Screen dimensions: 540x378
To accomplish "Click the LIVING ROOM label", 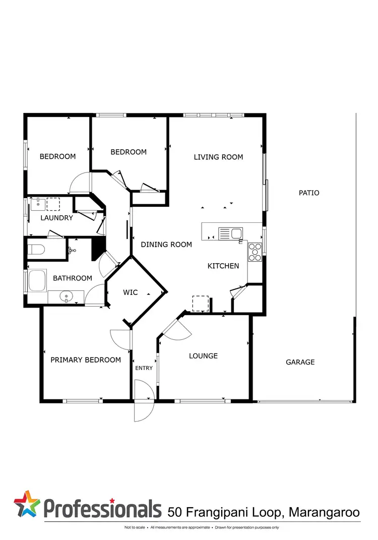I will point(218,157).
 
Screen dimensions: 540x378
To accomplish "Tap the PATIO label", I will point(309,193).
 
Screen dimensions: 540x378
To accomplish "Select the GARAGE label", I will point(300,362).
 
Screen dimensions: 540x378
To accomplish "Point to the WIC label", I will point(130,292).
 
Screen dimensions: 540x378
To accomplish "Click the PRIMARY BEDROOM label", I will point(86,360).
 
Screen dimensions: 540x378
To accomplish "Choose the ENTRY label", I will point(144,368).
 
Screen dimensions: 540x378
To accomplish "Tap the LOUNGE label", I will point(203,356).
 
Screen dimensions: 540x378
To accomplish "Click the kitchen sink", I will point(230,233).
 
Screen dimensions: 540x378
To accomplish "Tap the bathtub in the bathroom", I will point(37,281).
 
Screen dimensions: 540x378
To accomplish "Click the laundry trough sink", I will point(36,204).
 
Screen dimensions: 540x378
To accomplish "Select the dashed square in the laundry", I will point(53,204).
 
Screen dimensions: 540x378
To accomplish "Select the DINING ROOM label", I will point(166,245).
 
